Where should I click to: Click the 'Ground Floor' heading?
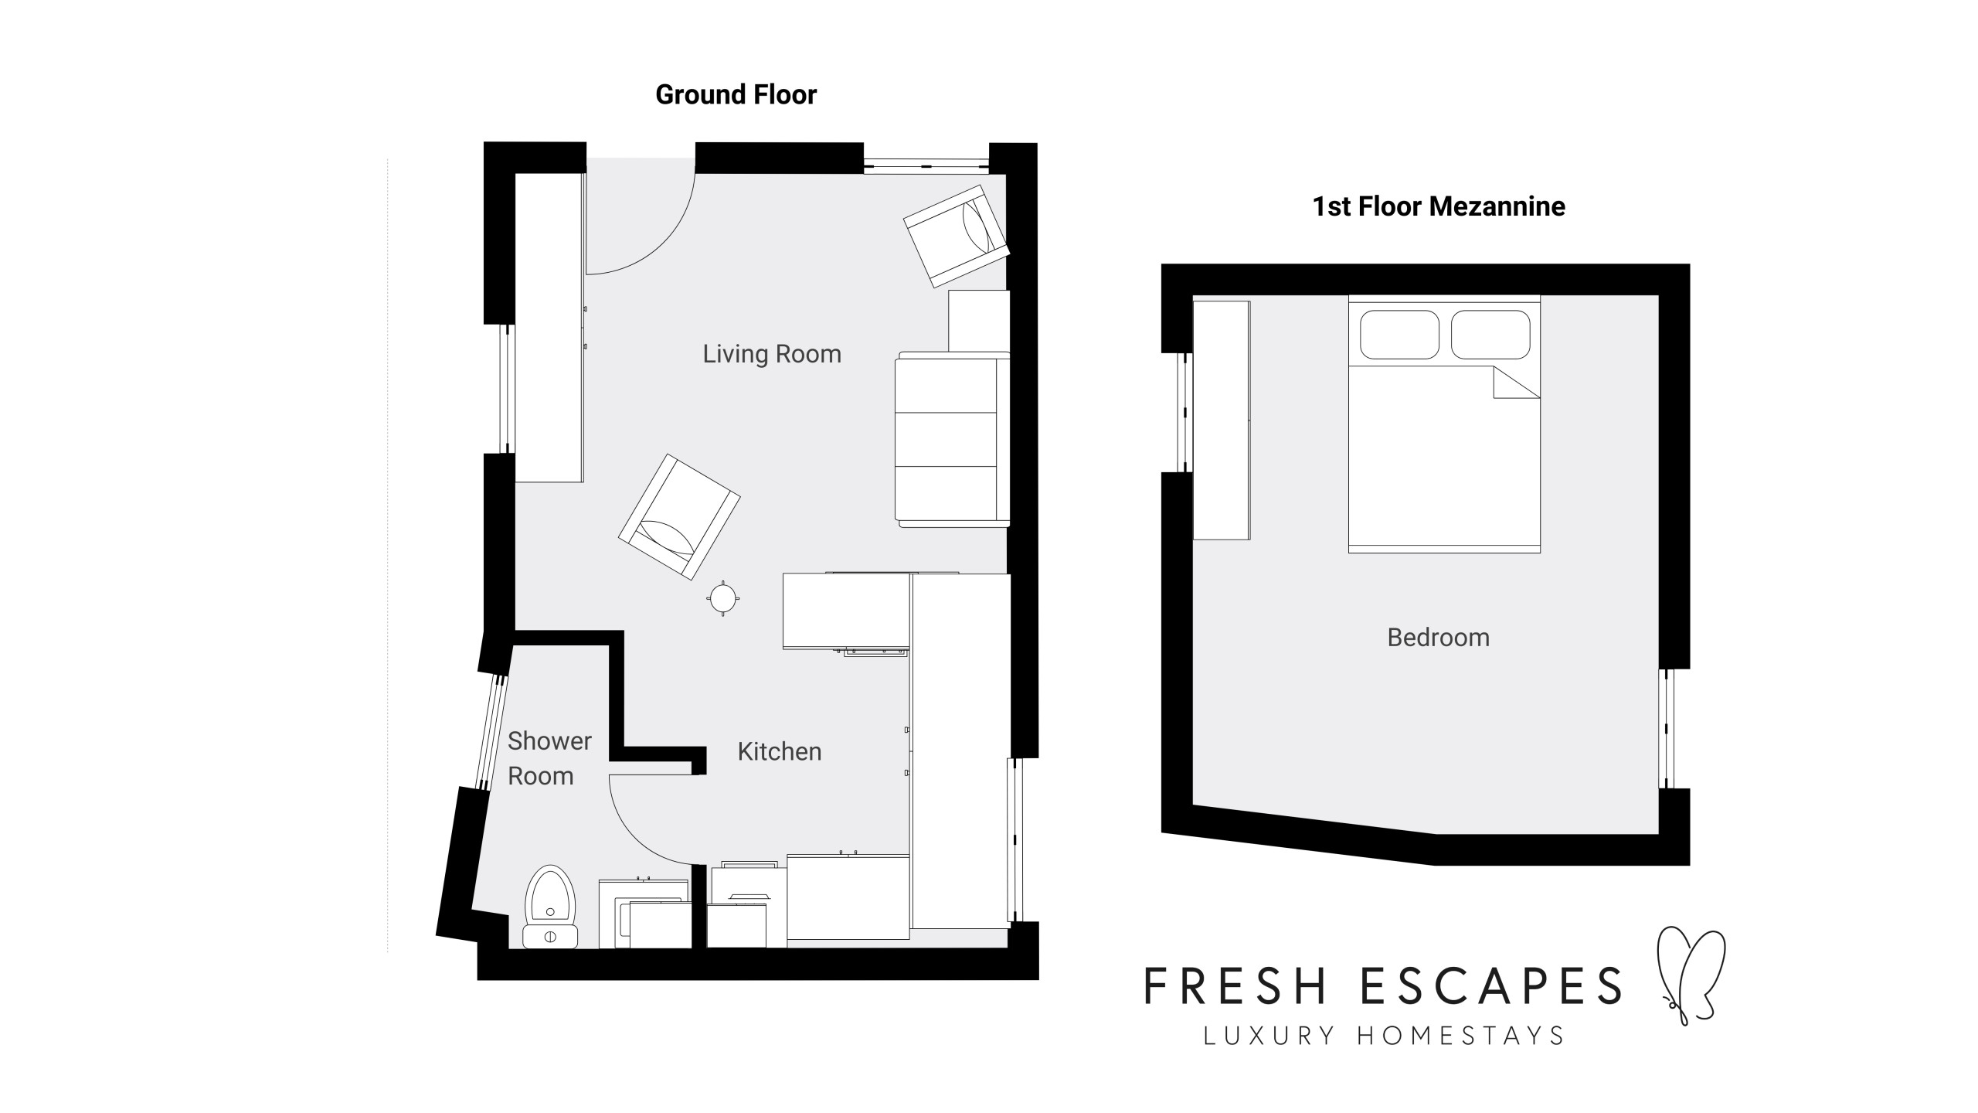736,95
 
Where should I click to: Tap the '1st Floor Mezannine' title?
1439,206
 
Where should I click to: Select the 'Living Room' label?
772,354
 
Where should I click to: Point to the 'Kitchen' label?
780,751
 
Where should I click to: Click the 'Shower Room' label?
549,758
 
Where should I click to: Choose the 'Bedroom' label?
1439,638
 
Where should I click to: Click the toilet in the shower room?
550,907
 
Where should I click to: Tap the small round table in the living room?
723,597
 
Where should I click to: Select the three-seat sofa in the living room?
952,439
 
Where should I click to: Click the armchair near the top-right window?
957,237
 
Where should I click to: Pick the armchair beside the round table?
679,517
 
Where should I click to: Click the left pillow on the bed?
1399,335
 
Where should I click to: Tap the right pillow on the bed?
1490,335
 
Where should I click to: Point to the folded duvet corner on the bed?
1512,386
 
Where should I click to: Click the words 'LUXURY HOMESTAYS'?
1384,1036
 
